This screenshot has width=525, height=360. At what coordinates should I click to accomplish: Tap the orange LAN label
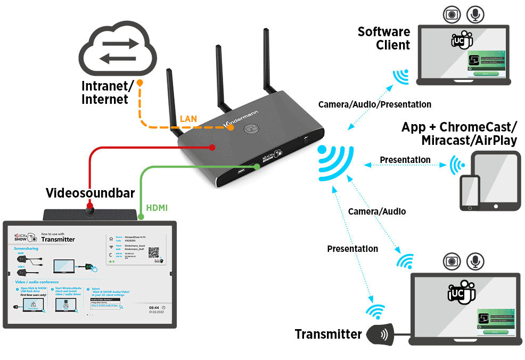pyautogui.click(x=188, y=119)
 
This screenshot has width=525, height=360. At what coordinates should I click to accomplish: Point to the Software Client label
pyautogui.click(x=384, y=38)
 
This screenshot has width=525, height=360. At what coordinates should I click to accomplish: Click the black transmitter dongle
pyautogui.click(x=382, y=334)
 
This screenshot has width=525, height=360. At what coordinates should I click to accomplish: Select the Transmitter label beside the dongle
pyautogui.click(x=328, y=334)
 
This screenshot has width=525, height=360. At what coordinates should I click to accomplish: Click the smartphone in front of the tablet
pyautogui.click(x=470, y=193)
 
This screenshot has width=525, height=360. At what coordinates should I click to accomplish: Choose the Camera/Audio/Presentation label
pyautogui.click(x=374, y=104)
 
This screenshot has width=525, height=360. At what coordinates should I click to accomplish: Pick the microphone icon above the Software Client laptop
pyautogui.click(x=475, y=14)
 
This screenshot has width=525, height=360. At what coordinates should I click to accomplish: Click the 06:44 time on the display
pyautogui.click(x=153, y=308)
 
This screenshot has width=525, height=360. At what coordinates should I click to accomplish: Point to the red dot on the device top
pyautogui.click(x=212, y=146)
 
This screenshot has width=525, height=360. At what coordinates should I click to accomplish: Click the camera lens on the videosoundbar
pyautogui.click(x=91, y=212)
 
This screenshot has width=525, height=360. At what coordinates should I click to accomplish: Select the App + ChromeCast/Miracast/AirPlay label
pyautogui.click(x=459, y=134)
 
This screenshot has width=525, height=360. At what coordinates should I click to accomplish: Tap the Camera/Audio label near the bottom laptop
pyautogui.click(x=376, y=211)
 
